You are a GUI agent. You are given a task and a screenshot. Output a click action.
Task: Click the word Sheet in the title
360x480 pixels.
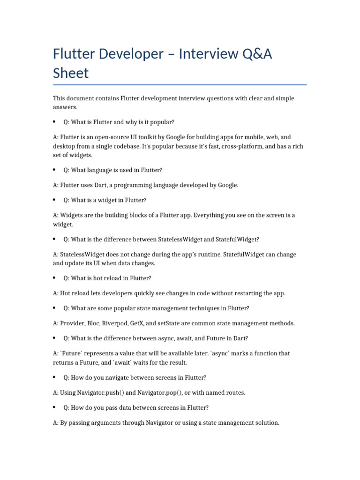70,73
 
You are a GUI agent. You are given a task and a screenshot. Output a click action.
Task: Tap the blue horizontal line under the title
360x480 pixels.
180,85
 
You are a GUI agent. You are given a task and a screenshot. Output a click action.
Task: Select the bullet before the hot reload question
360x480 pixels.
54,278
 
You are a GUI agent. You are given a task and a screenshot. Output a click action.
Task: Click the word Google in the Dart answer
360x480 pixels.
227,185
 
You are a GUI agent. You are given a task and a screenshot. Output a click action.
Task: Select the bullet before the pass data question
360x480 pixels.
54,407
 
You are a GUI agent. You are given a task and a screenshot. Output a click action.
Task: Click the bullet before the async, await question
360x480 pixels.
54,338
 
